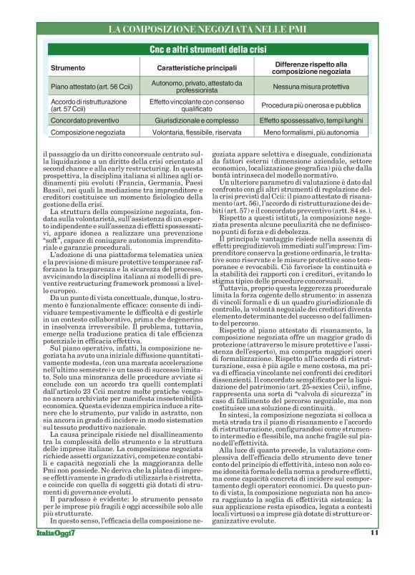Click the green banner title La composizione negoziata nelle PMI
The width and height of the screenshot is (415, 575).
coord(207,30)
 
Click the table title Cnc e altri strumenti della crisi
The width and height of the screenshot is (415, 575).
coord(207,52)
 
